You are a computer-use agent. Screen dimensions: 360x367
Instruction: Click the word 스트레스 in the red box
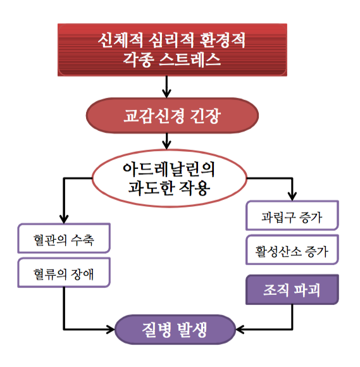pos(190,59)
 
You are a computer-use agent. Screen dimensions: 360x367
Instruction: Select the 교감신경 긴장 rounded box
pos(172,116)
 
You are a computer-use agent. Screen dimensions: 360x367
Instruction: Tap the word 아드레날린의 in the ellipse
pos(169,170)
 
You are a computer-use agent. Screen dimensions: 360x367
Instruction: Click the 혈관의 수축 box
pos(64,239)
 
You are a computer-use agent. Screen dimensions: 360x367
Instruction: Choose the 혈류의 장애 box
pos(64,273)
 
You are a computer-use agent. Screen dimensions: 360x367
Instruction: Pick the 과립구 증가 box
pos(292,215)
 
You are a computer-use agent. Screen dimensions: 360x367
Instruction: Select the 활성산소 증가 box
pos(292,250)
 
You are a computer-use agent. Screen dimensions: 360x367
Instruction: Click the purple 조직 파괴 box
pos(292,290)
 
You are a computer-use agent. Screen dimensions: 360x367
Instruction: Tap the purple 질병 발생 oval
pos(175,330)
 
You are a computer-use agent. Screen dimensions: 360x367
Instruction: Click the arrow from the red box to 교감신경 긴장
pos(166,87)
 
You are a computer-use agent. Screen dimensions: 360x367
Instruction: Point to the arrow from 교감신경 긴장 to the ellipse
pos(166,141)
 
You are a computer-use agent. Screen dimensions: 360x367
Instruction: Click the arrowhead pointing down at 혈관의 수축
pos(64,219)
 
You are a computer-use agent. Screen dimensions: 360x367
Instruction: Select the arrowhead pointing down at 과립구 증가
pos(292,196)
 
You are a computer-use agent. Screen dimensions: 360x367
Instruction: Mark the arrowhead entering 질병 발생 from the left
pos(111,330)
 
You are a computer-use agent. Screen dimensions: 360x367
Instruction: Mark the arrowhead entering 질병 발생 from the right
pos(240,330)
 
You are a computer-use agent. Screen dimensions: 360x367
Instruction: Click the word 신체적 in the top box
pos(120,40)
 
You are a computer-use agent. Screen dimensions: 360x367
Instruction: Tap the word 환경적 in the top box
pos(223,40)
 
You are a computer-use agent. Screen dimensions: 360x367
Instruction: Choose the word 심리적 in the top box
pos(171,40)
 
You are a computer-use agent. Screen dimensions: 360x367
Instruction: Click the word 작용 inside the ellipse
pos(194,188)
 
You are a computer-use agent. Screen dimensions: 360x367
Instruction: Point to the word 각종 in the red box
pos(139,59)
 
